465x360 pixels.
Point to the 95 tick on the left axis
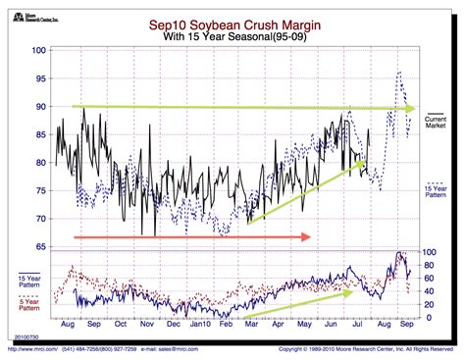click(39, 77)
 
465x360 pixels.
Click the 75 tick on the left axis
click(39, 190)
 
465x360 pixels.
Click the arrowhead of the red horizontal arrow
click(310, 236)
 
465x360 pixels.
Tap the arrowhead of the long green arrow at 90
click(411, 108)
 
